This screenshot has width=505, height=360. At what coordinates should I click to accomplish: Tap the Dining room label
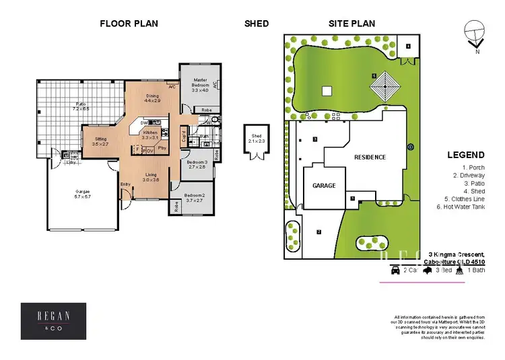pyautogui.click(x=153, y=96)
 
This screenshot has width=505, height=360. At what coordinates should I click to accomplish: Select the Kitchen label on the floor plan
pyautogui.click(x=151, y=133)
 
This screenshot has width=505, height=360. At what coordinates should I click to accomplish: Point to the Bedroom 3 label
pyautogui.click(x=197, y=162)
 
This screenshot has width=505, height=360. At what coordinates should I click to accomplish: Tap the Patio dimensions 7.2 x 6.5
pyautogui.click(x=81, y=108)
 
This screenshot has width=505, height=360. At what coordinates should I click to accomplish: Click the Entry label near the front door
pyautogui.click(x=125, y=184)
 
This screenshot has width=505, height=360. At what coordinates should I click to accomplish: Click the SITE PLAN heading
pyautogui.click(x=351, y=24)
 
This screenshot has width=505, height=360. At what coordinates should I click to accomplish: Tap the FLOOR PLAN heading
pyautogui.click(x=129, y=24)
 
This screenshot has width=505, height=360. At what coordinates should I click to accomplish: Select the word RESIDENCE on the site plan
pyautogui.click(x=370, y=157)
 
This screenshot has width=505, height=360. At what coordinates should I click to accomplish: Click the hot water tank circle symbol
pyautogui.click(x=411, y=146)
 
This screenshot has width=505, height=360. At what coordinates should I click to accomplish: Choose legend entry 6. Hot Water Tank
pyautogui.click(x=461, y=207)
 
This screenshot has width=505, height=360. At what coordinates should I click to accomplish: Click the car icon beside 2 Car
pyautogui.click(x=395, y=270)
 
